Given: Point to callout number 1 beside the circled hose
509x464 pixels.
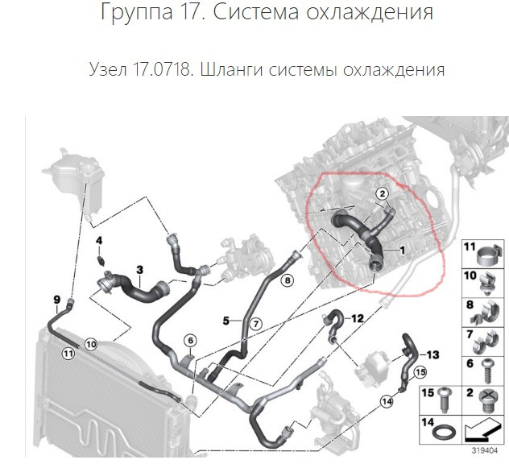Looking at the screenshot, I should pyautogui.click(x=399, y=251).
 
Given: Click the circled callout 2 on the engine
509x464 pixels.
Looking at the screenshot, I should pyautogui.click(x=383, y=193).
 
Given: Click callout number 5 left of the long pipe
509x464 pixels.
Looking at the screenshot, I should pyautogui.click(x=226, y=321).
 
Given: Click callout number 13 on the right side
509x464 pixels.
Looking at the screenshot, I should pyautogui.click(x=432, y=354).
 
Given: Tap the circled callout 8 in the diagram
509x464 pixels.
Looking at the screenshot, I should pyautogui.click(x=288, y=280).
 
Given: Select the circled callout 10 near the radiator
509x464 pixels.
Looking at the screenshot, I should pyautogui.click(x=90, y=345).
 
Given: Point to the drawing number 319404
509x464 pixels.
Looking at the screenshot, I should pyautogui.click(x=485, y=450).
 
